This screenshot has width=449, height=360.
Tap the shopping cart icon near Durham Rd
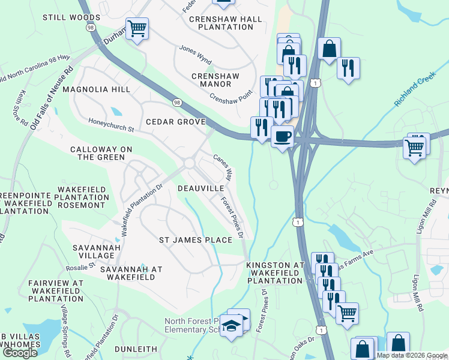(137, 28)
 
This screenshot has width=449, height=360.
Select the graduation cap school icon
(230, 326)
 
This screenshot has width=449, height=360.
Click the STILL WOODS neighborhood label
(67, 17)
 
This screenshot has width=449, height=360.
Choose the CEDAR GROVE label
(175, 122)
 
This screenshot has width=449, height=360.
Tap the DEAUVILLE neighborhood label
(200, 188)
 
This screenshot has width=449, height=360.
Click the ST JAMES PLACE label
(195, 240)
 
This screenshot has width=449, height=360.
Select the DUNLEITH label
(136, 349)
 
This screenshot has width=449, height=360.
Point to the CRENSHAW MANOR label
(211, 80)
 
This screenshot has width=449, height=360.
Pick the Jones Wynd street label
(195, 55)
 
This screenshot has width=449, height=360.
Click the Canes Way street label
(223, 167)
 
